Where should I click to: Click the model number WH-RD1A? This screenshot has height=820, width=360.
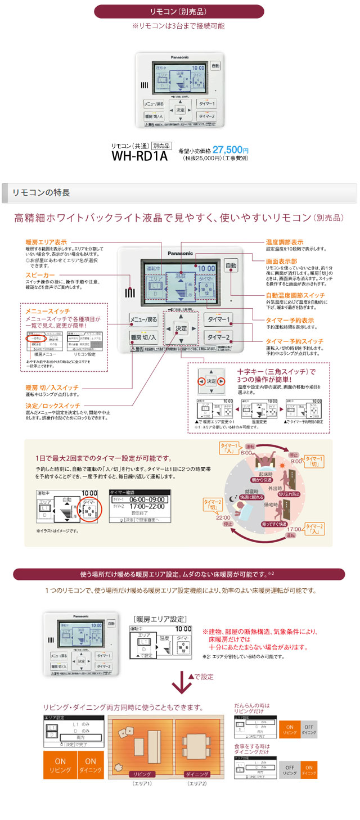click(x=139, y=155)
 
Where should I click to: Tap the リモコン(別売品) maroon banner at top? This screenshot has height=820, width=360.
click(x=178, y=11)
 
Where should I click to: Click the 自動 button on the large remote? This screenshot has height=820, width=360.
click(x=231, y=265)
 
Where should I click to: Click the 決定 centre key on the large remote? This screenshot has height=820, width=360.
click(x=181, y=328)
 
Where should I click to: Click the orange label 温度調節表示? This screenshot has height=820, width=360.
click(x=285, y=242)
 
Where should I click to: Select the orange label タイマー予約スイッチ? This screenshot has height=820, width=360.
click(x=294, y=341)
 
